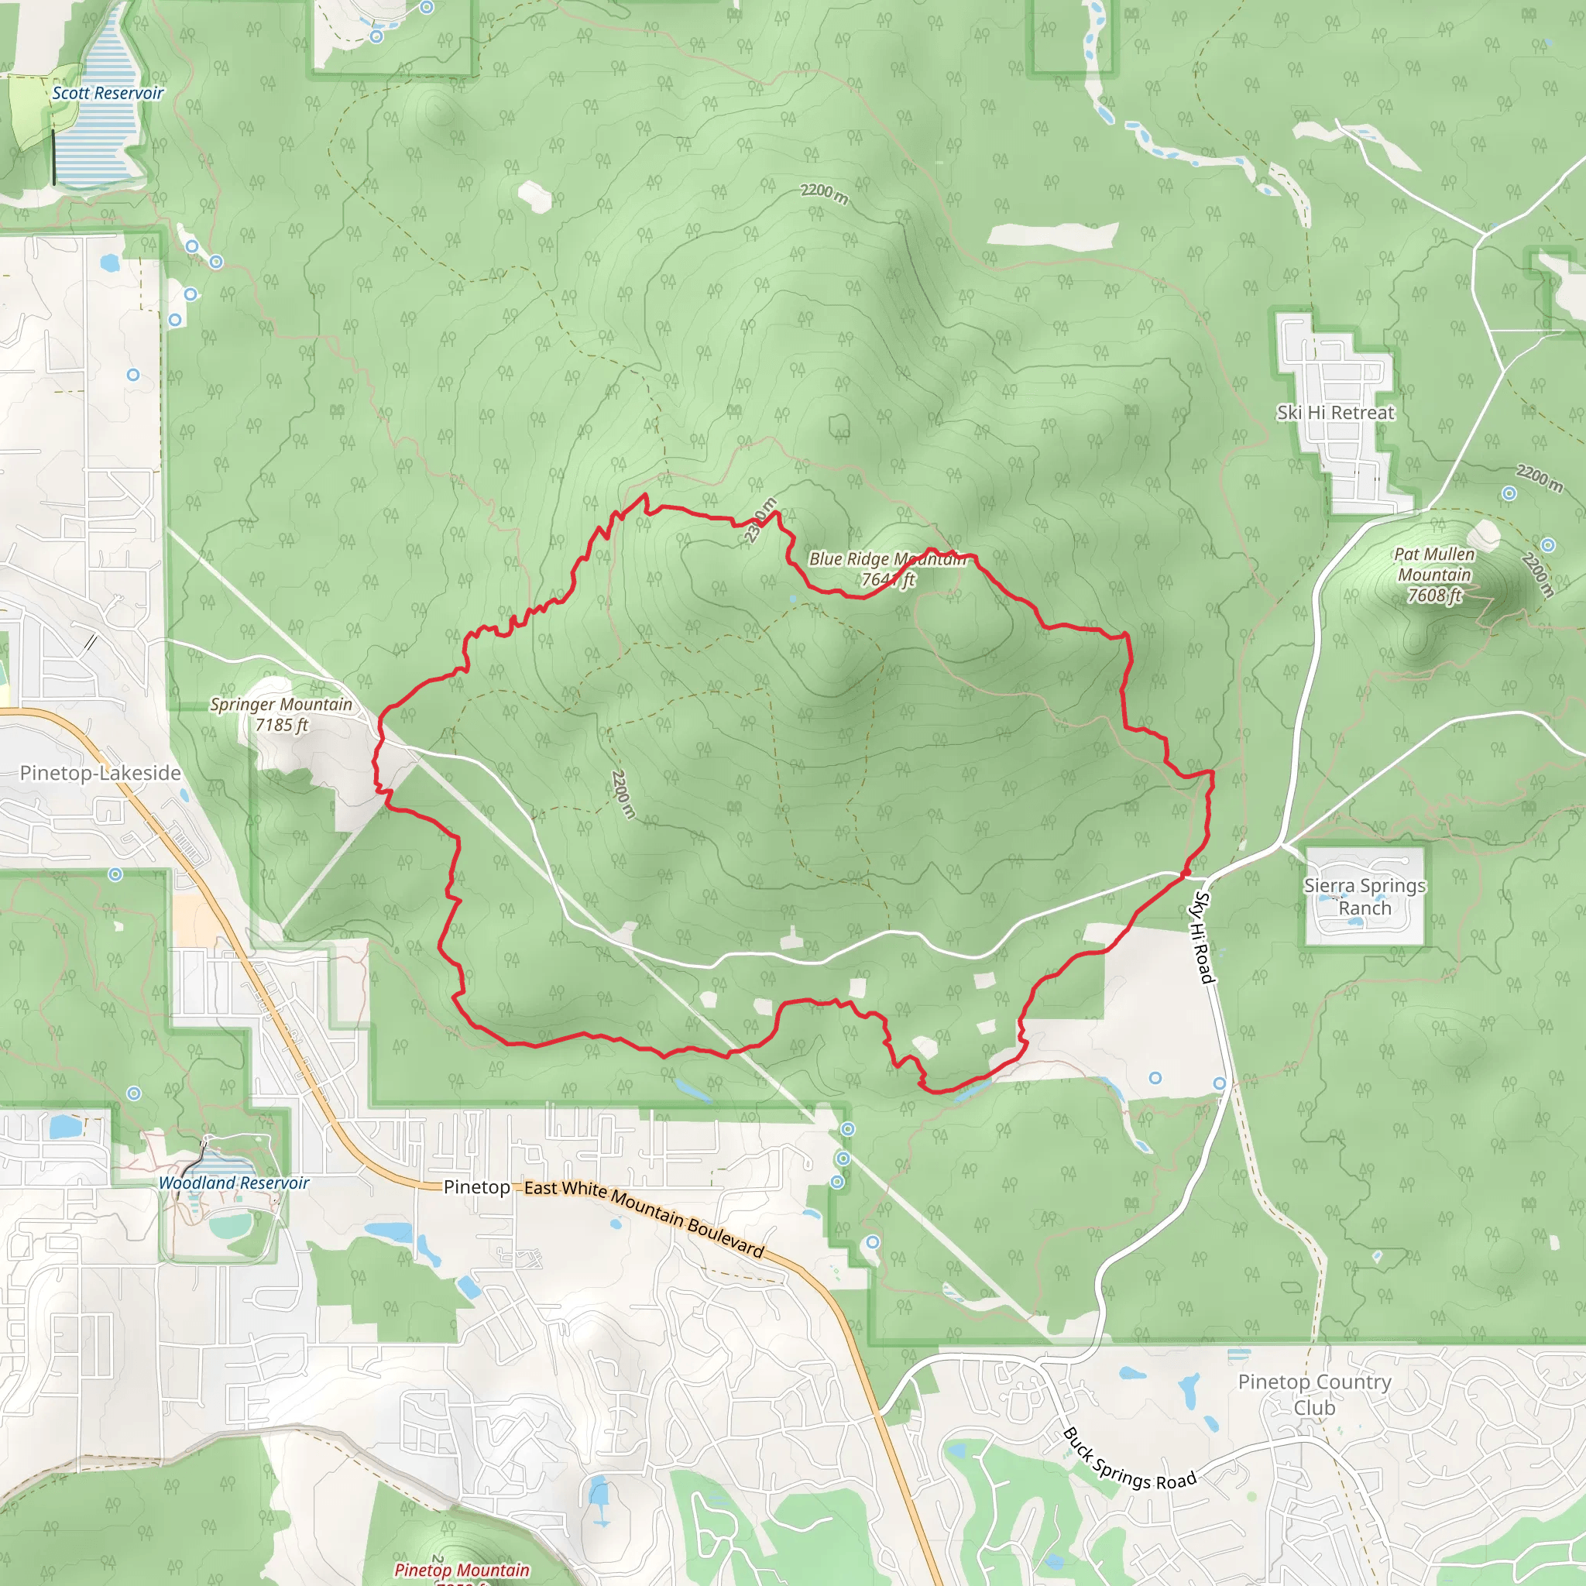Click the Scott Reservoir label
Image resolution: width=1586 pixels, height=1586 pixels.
click(108, 94)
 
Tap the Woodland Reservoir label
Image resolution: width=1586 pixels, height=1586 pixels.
click(233, 1183)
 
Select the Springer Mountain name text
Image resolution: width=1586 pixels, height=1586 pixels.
click(281, 705)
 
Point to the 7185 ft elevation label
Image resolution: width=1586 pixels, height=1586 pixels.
click(282, 725)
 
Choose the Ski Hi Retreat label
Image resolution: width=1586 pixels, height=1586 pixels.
click(1335, 413)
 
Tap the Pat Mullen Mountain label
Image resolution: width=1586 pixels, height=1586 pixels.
click(1434, 565)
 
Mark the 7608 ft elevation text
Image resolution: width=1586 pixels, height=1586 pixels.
click(1434, 596)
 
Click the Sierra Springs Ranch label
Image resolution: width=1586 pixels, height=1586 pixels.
click(1365, 897)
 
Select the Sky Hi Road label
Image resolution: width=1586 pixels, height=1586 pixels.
click(1203, 937)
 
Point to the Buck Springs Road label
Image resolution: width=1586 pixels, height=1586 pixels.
click(1129, 1462)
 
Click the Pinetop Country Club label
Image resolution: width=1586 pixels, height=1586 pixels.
click(1314, 1394)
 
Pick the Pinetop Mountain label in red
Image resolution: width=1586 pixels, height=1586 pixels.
click(462, 1570)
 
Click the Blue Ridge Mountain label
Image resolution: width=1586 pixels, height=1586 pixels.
click(887, 559)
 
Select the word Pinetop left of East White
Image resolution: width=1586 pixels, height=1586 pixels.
click(476, 1187)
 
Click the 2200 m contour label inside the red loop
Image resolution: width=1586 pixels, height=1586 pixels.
click(623, 794)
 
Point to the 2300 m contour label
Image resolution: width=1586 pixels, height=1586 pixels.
click(760, 520)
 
